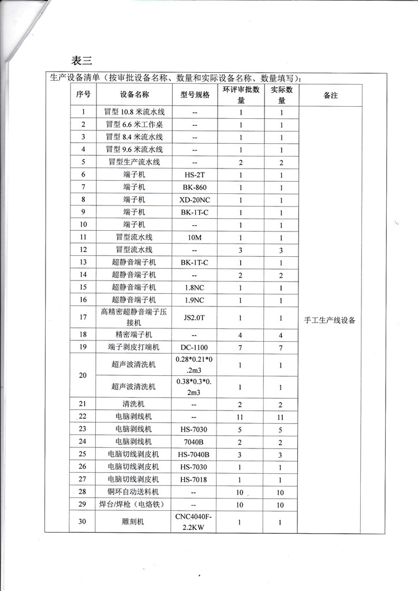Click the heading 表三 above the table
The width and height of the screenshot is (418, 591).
pos(81,61)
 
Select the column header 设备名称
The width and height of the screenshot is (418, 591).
pos(135,95)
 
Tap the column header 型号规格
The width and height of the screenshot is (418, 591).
pos(194,95)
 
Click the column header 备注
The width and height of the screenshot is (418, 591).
pos(330,95)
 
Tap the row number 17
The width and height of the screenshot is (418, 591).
pos(84,317)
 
